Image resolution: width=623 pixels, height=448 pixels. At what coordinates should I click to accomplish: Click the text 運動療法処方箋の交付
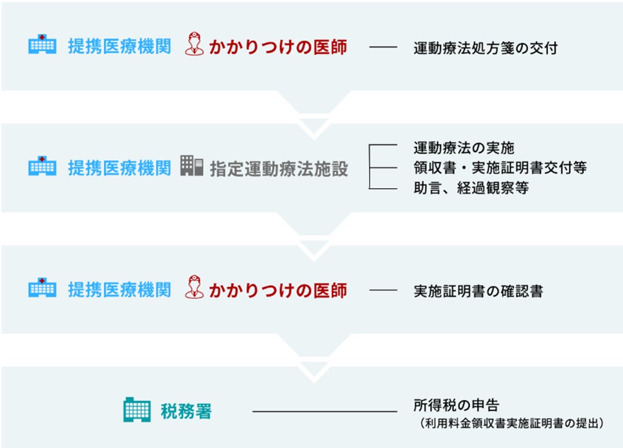485,48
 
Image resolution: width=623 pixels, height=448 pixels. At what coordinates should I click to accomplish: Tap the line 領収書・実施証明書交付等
500,168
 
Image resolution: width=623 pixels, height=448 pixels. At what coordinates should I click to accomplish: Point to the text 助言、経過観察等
471,188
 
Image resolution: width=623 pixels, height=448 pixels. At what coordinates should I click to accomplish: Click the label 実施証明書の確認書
478,291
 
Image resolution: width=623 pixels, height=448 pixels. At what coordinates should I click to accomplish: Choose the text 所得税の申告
456,406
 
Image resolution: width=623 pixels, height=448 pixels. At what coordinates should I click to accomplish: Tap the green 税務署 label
185,411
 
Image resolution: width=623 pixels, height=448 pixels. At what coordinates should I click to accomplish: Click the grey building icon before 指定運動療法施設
192,167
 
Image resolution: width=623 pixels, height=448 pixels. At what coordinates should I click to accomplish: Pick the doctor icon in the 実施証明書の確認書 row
194,289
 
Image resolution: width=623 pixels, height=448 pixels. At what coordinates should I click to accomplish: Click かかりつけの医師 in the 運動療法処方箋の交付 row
278,47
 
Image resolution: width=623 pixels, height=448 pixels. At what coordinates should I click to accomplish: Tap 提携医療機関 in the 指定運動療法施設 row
119,168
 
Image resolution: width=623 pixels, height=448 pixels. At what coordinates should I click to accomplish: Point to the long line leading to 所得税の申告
325,411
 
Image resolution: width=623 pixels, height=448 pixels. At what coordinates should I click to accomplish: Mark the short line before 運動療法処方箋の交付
383,48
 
